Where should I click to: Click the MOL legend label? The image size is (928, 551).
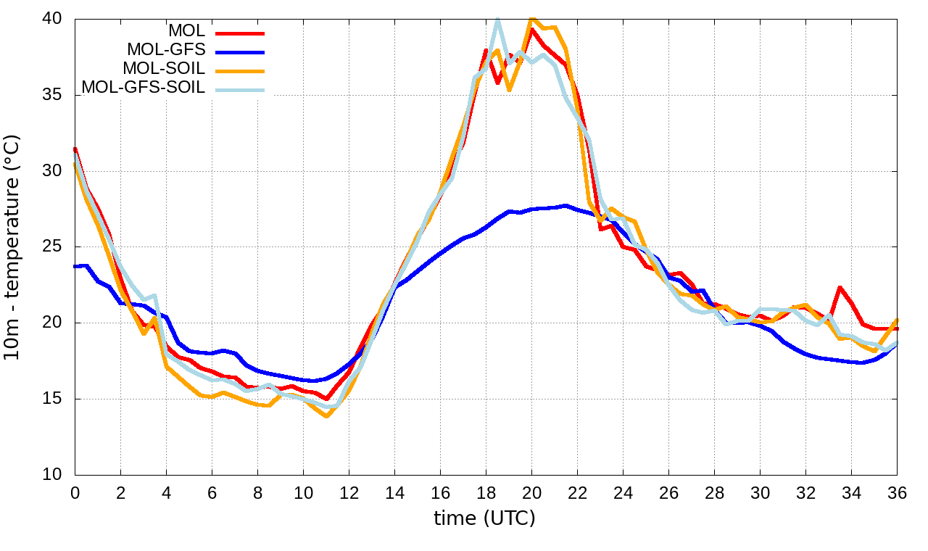pyautogui.click(x=186, y=31)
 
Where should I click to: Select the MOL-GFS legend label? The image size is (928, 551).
pyautogui.click(x=166, y=50)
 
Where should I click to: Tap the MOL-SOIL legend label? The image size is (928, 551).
pyautogui.click(x=164, y=69)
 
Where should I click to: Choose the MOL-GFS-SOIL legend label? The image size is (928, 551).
pyautogui.click(x=144, y=88)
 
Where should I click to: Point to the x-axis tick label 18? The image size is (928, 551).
pyautogui.click(x=486, y=492)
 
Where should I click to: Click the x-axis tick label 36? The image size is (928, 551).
pyautogui.click(x=898, y=492)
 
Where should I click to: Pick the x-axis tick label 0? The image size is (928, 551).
pyautogui.click(x=75, y=492)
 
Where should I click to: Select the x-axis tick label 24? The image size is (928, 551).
pyautogui.click(x=623, y=492)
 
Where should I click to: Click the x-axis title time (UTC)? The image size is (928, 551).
pyautogui.click(x=484, y=518)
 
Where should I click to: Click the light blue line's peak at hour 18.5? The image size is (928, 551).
pyautogui.click(x=497, y=20)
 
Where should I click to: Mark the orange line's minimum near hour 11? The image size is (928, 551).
pyautogui.click(x=326, y=416)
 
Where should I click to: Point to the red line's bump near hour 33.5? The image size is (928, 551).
pyautogui.click(x=840, y=288)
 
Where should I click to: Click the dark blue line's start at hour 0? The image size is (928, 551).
pyautogui.click(x=75, y=266)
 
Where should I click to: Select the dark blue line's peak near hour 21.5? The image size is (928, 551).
pyautogui.click(x=566, y=206)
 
